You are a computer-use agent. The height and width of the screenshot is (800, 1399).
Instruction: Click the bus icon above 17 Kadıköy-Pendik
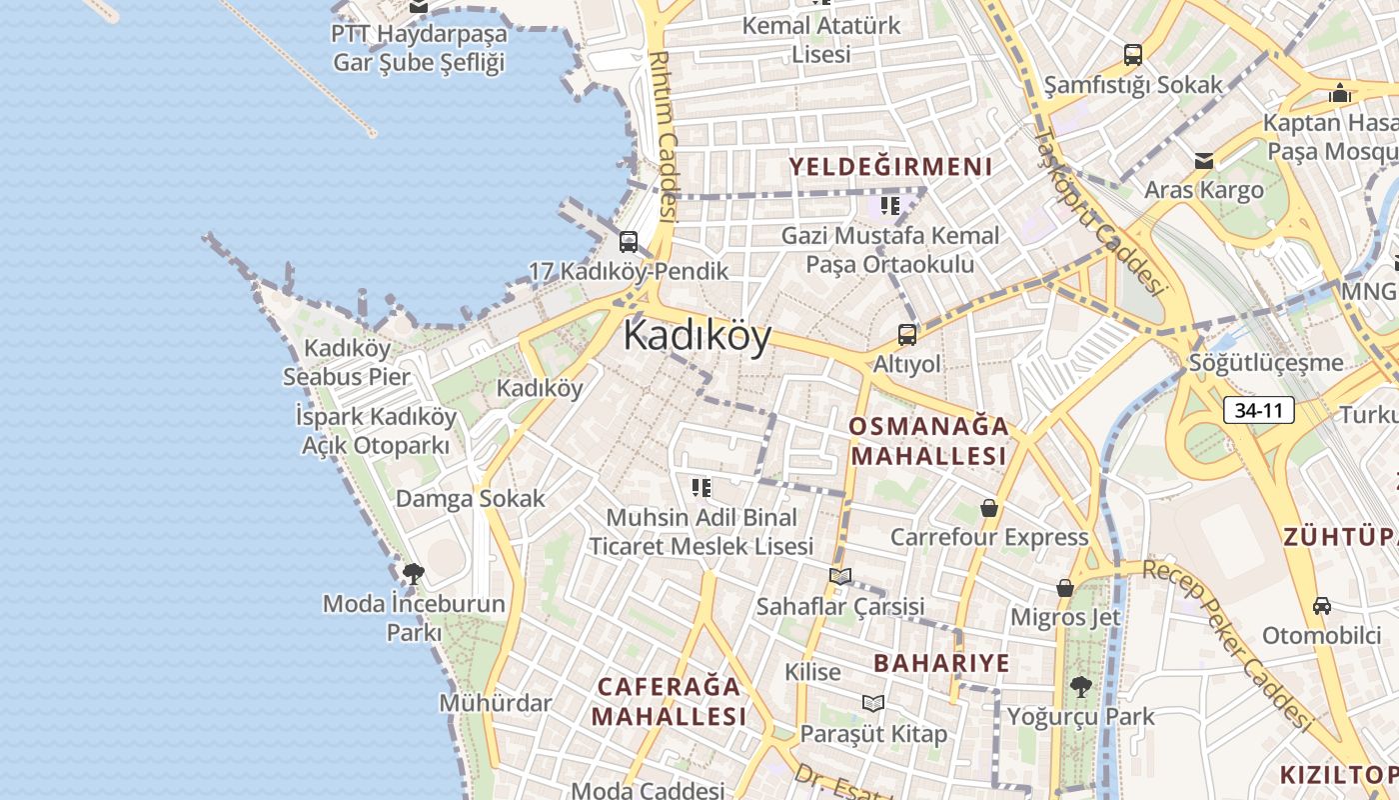[x=628, y=241]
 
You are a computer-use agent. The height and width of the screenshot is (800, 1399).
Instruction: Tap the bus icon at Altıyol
[x=906, y=334]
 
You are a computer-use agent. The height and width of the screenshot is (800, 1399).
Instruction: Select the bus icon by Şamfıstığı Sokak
[x=1132, y=54]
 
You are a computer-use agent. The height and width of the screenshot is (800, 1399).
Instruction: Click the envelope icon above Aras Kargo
[x=1203, y=160]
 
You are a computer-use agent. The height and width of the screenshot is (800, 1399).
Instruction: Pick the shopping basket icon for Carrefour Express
[x=988, y=508]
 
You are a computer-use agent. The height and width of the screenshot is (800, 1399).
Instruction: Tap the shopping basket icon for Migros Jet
[x=1065, y=587]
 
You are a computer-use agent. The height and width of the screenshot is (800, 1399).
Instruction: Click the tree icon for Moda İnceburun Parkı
[x=413, y=574]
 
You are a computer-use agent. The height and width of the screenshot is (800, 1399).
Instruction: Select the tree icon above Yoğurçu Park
[x=1079, y=686]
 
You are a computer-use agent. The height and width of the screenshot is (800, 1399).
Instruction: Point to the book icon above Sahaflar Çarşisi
[x=839, y=576]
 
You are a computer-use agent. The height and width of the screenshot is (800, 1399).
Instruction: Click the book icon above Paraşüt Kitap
[x=873, y=703]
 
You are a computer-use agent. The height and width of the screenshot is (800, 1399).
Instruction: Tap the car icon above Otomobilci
[x=1321, y=605]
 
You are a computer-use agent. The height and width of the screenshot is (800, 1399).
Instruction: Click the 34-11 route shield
[x=1258, y=410]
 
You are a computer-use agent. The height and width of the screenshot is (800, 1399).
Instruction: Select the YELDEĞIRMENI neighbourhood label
[x=890, y=167]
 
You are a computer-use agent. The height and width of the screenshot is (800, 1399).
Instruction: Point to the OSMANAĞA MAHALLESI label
[x=927, y=441]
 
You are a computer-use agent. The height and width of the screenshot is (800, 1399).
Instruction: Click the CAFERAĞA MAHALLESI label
[x=669, y=701]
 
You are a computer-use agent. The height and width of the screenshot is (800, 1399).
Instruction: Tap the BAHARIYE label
[x=941, y=663]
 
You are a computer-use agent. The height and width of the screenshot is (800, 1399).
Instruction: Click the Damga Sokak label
[x=470, y=498]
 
